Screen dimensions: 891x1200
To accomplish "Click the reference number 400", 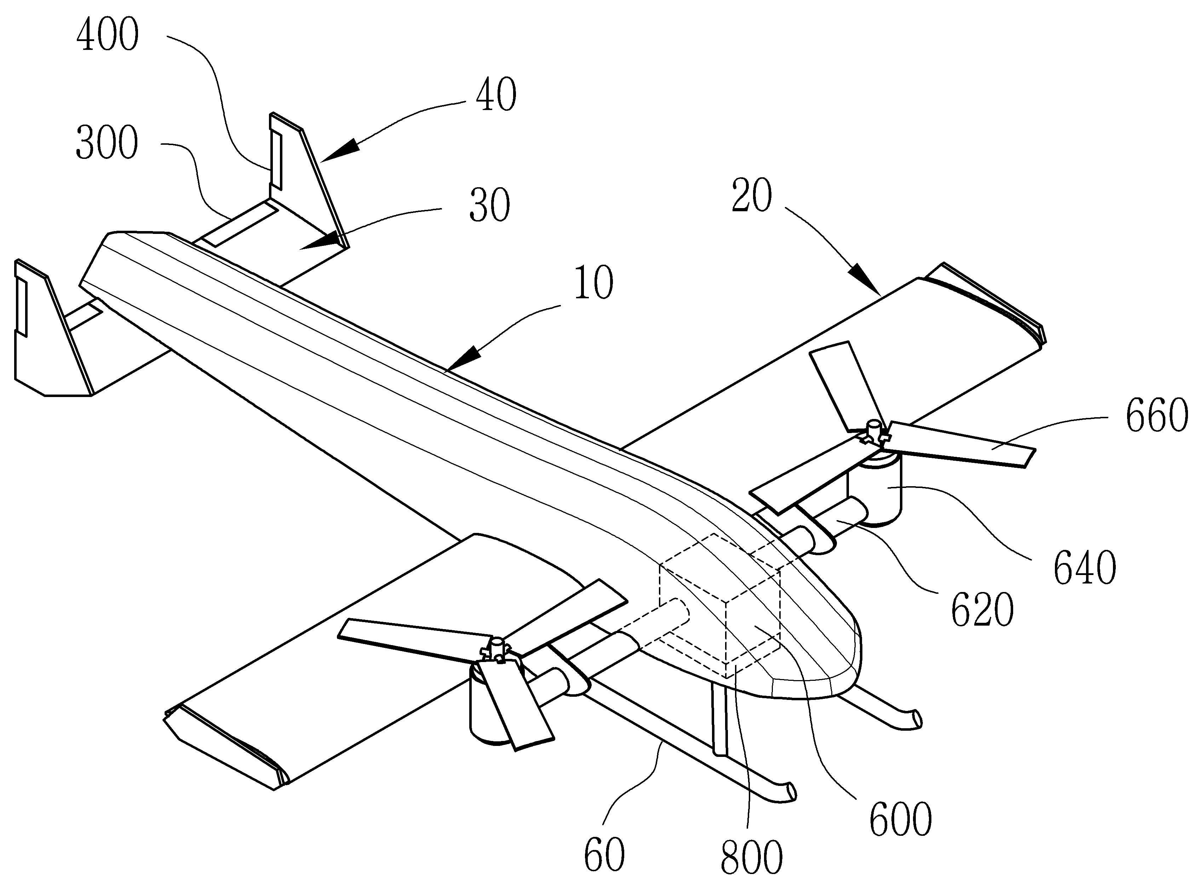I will point(107,36).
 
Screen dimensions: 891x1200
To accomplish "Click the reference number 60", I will point(604,854).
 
